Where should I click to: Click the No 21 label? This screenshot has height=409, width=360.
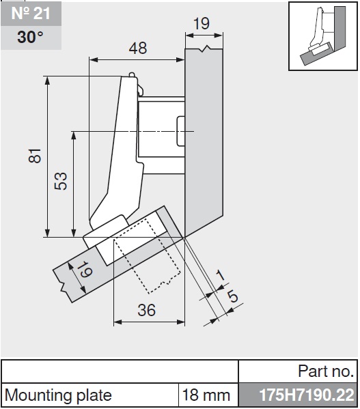(31, 13)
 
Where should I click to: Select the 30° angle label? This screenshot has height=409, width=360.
(30, 37)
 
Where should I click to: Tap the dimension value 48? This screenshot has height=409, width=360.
(138, 48)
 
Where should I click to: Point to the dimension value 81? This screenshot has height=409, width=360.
(35, 156)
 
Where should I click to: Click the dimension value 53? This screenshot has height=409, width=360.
(61, 181)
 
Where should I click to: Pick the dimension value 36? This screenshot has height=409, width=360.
(147, 310)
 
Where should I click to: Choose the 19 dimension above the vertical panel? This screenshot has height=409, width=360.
(202, 23)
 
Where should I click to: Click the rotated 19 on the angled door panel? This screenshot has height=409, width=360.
(84, 270)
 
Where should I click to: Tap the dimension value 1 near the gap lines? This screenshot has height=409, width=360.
(220, 275)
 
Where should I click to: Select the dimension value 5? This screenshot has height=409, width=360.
(232, 296)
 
